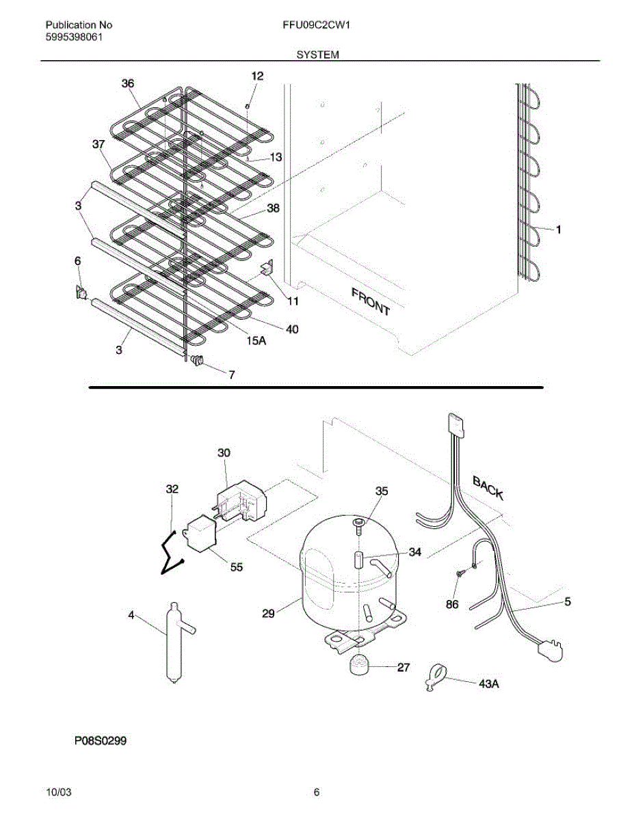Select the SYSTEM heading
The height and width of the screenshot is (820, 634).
[x=317, y=53]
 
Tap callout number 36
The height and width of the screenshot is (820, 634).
[x=128, y=83]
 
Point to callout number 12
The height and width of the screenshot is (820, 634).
[x=256, y=76]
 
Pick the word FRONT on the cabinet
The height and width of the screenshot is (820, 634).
[x=371, y=301]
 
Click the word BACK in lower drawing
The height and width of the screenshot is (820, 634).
[x=488, y=489]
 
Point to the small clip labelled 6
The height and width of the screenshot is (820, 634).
[x=80, y=292]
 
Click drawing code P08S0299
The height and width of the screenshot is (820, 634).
[x=96, y=741]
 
